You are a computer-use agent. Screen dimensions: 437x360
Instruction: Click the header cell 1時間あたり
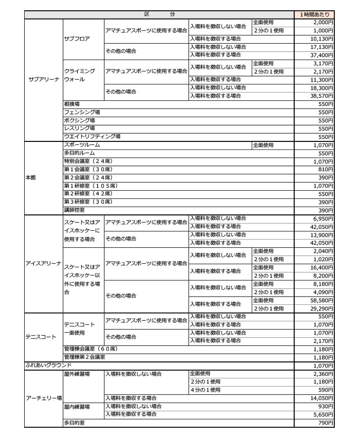click(x=314, y=15)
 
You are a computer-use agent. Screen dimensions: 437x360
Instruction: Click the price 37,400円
click(x=323, y=54)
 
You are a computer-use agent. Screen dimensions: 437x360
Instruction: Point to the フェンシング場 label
click(x=82, y=112)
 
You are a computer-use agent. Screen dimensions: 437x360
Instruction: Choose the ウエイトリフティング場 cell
click(x=92, y=136)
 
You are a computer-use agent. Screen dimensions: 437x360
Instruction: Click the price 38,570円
click(x=323, y=96)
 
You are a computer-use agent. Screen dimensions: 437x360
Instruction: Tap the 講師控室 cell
click(x=75, y=210)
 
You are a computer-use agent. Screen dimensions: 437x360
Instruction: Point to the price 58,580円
click(x=323, y=301)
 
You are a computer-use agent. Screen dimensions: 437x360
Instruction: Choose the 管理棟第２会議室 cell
click(x=84, y=357)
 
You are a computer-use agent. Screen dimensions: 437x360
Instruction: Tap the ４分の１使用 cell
click(x=205, y=390)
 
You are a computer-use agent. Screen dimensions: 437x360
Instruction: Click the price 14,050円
click(x=323, y=398)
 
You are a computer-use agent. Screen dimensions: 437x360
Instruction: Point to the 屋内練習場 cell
click(x=77, y=406)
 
